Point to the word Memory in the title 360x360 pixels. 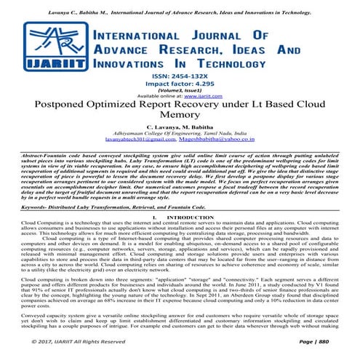[x=179, y=116]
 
